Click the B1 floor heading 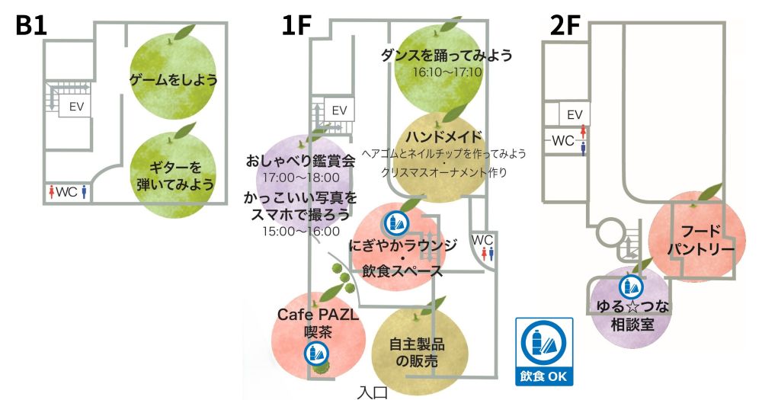[33, 24]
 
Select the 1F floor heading [298, 24]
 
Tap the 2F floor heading [566, 24]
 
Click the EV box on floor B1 [75, 107]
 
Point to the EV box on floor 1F [340, 109]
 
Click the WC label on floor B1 [67, 192]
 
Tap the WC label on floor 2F [564, 141]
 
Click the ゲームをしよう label [174, 79]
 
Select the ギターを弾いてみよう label [173, 176]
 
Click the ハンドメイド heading [445, 136]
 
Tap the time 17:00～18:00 [300, 178]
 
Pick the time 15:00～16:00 [300, 231]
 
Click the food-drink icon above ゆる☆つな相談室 [631, 287]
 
